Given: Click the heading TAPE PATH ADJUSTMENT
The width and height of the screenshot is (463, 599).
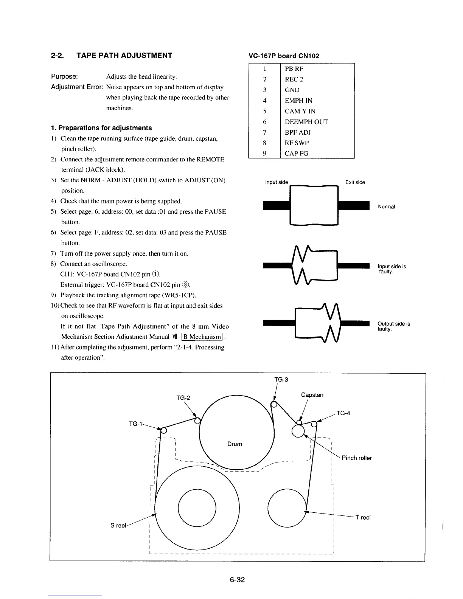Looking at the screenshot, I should (124, 56).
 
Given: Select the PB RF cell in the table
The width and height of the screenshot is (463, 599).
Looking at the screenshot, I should (294, 69).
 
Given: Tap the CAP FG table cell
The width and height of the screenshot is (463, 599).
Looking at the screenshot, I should (296, 154).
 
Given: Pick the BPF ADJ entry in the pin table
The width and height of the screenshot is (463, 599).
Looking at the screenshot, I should (297, 132).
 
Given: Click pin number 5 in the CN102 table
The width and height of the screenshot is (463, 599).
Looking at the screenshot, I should (265, 111).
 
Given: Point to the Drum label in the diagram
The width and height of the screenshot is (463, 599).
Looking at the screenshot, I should (235, 444).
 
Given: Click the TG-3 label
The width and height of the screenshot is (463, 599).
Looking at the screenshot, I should (281, 379).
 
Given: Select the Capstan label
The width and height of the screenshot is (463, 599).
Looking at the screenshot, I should (312, 395).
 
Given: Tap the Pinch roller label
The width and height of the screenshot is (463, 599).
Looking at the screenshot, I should (357, 458).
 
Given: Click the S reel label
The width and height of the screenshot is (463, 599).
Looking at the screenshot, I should (118, 526).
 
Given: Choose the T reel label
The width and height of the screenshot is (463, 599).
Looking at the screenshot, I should (363, 517).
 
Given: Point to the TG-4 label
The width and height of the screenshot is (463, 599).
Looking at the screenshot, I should (343, 413).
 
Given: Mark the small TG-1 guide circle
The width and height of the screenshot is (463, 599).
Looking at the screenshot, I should (163, 430).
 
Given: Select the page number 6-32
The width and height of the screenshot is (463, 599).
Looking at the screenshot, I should (238, 580).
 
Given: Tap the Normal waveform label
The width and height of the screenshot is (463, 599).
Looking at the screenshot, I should (386, 206).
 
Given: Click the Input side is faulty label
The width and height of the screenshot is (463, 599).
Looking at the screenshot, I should (392, 269).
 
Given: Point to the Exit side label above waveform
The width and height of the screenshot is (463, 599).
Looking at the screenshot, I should (355, 182).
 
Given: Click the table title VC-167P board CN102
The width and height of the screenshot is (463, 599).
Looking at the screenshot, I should (284, 56).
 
